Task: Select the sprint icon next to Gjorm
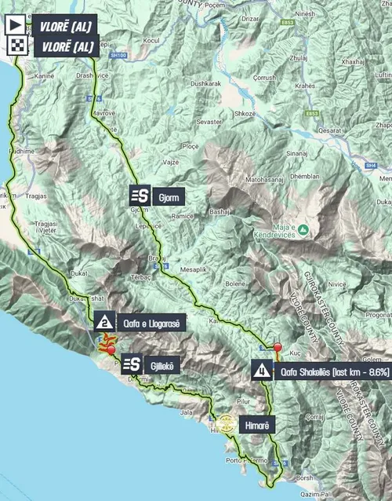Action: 140,195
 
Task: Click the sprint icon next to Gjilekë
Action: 131,364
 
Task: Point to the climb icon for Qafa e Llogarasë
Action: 103,321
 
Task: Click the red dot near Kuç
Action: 278,346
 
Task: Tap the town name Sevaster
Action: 210,122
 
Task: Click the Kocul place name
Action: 151,39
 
